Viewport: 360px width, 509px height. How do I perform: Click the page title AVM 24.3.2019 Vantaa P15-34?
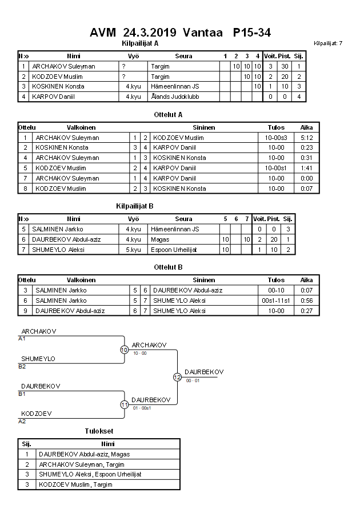(180, 32)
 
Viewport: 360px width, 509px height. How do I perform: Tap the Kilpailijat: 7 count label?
(328, 43)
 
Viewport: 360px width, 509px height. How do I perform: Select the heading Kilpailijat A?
(141, 43)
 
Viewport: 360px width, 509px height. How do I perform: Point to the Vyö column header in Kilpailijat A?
(133, 56)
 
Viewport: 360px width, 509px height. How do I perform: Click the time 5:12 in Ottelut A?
(306, 138)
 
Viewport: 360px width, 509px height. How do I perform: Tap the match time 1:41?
(306, 168)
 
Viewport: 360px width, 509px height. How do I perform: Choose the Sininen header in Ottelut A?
(203, 127)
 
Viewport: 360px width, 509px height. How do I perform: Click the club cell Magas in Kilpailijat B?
(159, 239)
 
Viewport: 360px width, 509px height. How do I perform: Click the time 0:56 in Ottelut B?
(306, 300)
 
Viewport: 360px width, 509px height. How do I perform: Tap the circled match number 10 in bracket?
(124, 350)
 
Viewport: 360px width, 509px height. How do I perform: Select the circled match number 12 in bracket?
(177, 377)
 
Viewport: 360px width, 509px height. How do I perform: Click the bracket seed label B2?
(22, 366)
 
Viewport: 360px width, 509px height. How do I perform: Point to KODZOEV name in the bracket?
(37, 413)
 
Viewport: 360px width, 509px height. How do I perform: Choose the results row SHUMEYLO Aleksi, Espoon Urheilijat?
(90, 474)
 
